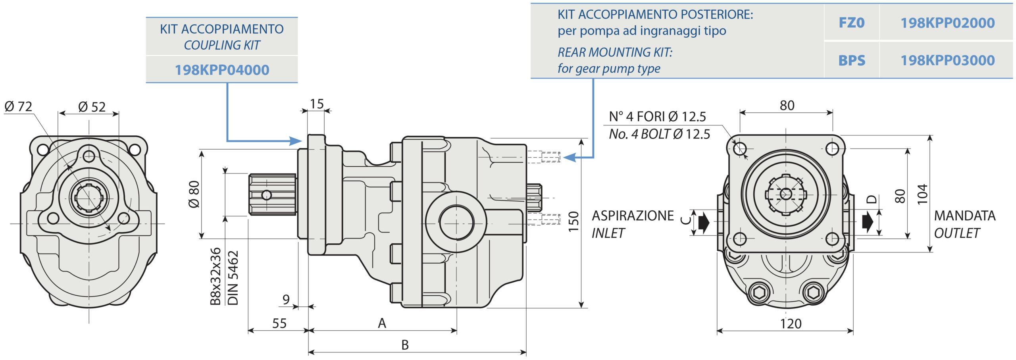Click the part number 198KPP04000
(222, 70)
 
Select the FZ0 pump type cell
(851, 23)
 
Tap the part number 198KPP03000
(947, 60)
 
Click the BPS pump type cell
(851, 60)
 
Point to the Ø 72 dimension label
(18, 106)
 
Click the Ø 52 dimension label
(92, 107)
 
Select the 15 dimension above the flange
(317, 104)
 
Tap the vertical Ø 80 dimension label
(194, 194)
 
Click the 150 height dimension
(573, 221)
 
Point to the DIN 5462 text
(233, 277)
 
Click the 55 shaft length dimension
(279, 323)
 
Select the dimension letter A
(382, 323)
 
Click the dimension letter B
(405, 345)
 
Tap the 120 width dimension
(791, 324)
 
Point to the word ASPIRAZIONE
(633, 216)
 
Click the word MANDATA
(965, 216)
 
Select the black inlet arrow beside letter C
(704, 222)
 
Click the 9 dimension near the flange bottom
(286, 299)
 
